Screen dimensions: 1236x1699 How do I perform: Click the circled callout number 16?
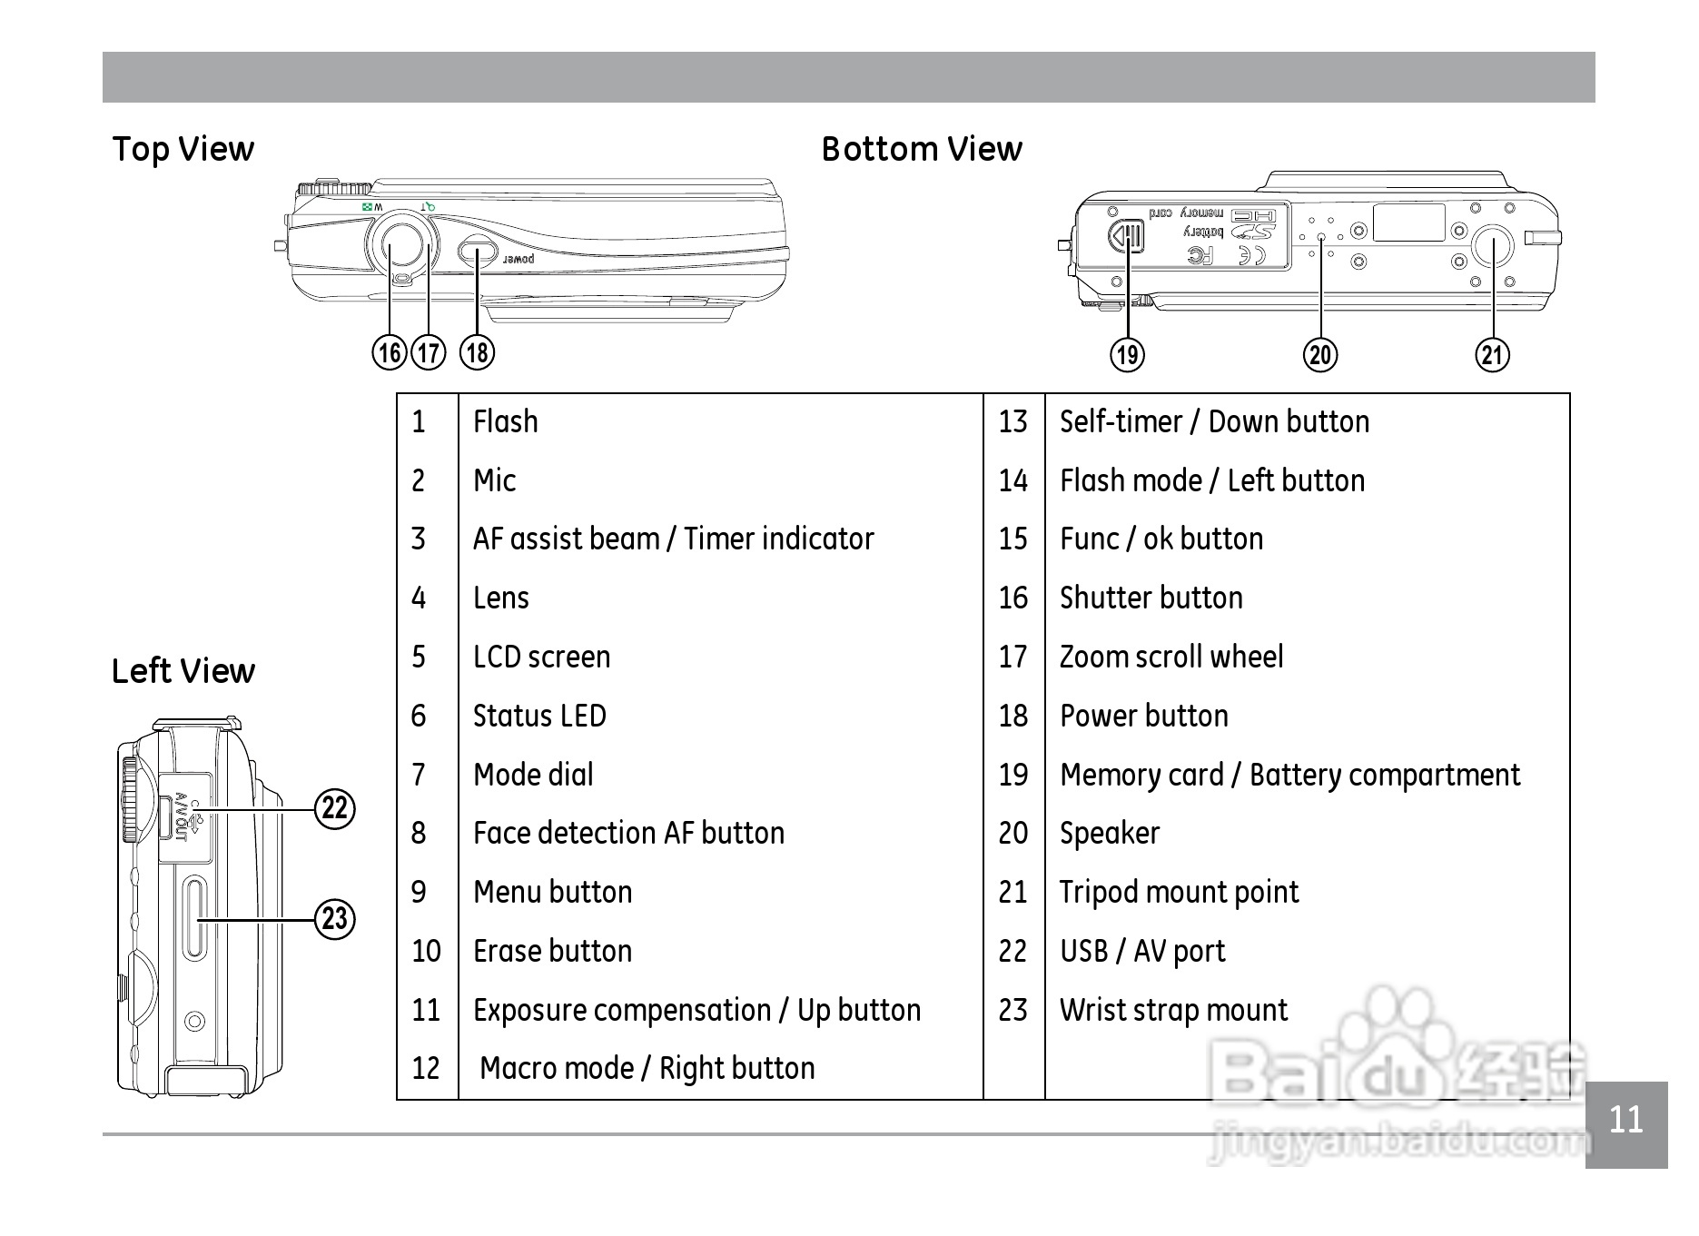[x=390, y=352]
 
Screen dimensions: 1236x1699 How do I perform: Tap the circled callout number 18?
[x=478, y=352]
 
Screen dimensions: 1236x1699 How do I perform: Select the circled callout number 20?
[x=1320, y=354]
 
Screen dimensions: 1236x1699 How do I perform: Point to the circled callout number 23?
[x=335, y=919]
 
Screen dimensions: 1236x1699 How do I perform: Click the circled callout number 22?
[x=335, y=808]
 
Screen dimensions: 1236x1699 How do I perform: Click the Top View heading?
[x=183, y=149]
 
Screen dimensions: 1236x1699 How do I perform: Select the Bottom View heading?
[x=922, y=149]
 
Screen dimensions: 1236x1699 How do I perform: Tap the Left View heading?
[x=183, y=671]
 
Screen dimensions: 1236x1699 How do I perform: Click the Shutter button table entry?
[x=1151, y=598]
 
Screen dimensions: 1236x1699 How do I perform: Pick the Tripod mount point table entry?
[x=1179, y=892]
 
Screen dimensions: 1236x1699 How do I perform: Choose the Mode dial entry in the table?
[x=533, y=775]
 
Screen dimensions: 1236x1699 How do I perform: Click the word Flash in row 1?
[x=505, y=421]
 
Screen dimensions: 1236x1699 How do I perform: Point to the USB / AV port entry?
[x=1141, y=951]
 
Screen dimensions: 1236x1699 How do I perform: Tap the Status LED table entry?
[x=539, y=716]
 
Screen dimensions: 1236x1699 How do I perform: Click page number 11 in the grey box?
[x=1625, y=1120]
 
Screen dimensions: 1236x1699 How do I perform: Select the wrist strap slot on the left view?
[x=194, y=917]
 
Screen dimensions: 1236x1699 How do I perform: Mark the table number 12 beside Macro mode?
[x=426, y=1068]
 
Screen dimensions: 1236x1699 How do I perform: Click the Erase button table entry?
[x=552, y=951]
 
